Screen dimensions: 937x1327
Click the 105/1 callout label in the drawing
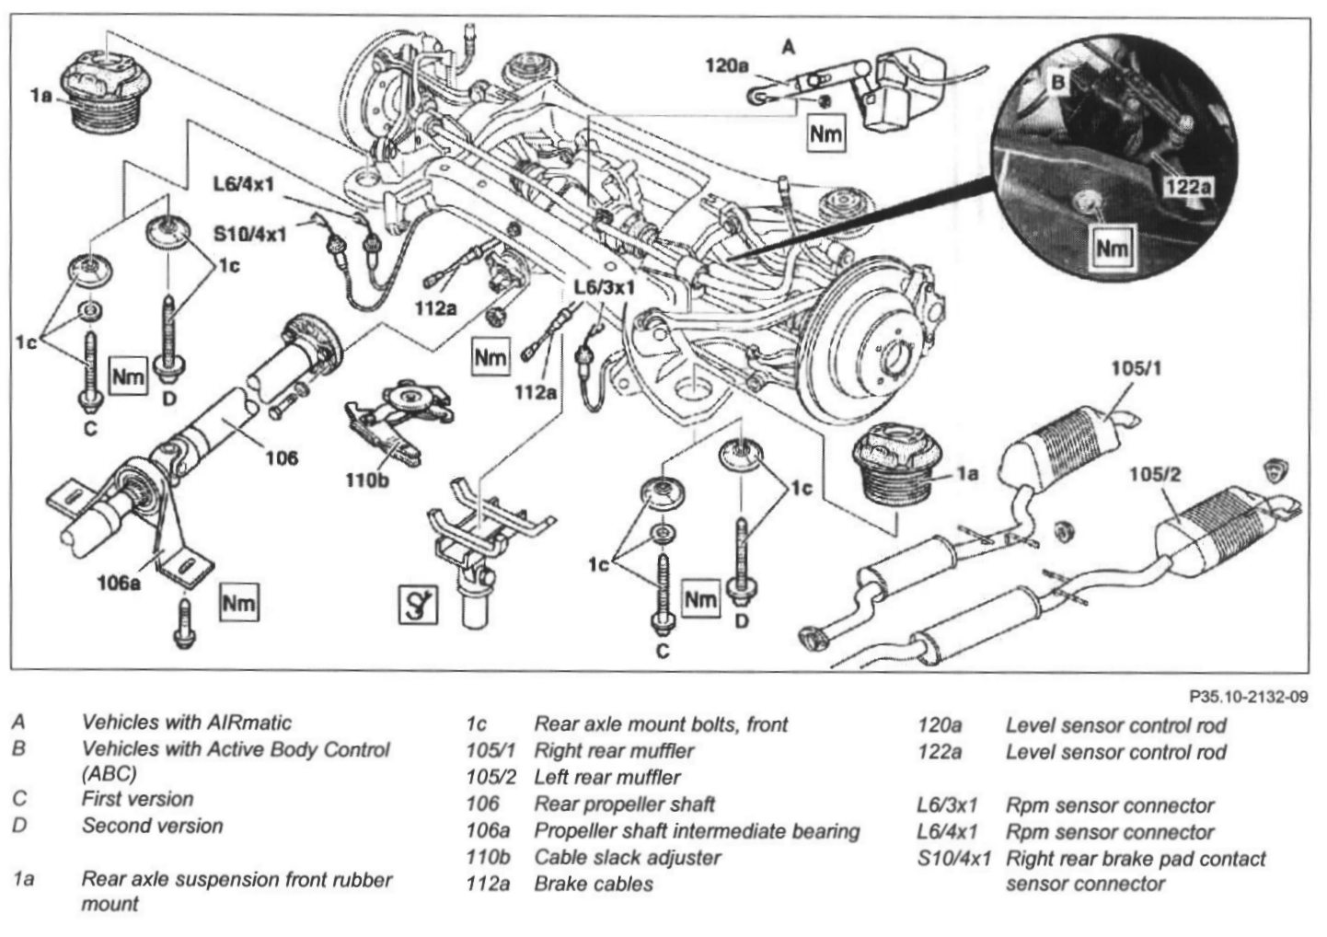pos(1136,369)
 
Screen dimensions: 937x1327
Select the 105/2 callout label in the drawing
pos(1154,475)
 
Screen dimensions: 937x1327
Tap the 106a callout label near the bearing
pos(120,583)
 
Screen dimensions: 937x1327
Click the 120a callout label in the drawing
pos(727,66)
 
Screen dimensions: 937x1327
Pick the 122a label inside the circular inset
pos(1187,188)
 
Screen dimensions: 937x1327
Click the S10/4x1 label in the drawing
pos(249,234)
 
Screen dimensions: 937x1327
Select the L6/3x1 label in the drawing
pos(605,287)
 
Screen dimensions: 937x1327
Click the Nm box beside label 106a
pos(239,603)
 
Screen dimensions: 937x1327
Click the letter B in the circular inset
pos(1058,82)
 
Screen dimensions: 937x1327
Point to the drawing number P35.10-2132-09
pos(1247,698)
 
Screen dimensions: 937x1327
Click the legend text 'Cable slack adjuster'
pos(627,858)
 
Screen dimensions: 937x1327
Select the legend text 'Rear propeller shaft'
pos(624,804)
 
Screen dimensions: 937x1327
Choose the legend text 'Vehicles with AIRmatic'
pos(186,723)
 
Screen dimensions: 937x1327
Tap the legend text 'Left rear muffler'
pos(607,778)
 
